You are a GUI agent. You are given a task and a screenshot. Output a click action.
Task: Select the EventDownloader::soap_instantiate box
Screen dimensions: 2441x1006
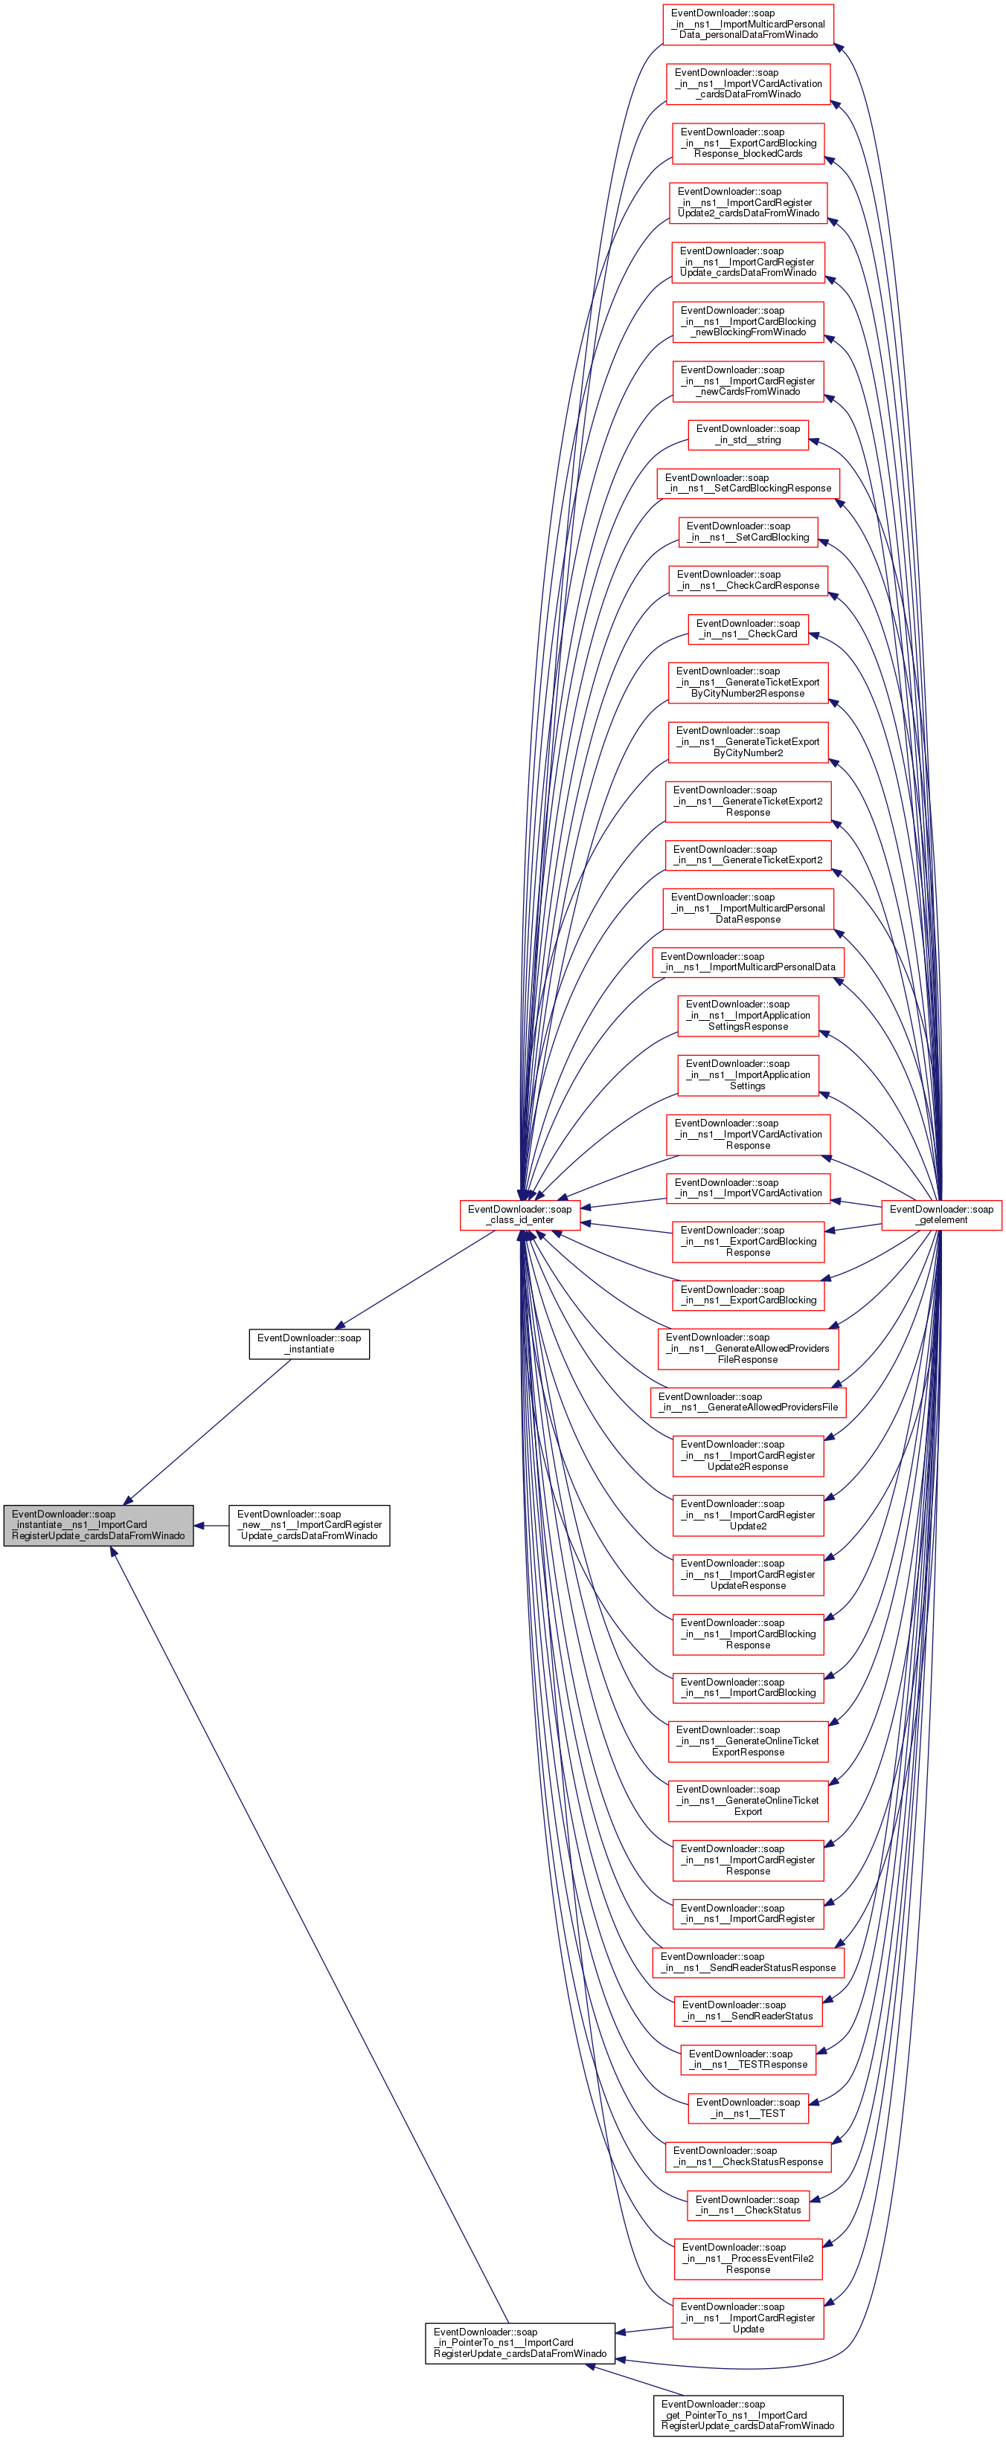(309, 1344)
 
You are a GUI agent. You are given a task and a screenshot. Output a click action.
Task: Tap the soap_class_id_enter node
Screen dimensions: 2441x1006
(519, 1215)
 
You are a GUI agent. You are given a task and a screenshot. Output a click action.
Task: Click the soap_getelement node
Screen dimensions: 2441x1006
(941, 1215)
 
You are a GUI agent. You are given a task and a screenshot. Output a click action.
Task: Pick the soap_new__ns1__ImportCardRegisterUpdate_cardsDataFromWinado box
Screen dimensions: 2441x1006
(309, 1525)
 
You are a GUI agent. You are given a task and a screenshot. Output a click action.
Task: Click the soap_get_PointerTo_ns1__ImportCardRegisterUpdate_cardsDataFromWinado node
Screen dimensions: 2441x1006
(747, 2414)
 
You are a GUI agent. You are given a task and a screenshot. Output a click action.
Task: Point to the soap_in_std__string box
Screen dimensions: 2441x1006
(747, 434)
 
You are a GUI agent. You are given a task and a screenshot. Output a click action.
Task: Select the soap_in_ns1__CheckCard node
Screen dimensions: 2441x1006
(747, 629)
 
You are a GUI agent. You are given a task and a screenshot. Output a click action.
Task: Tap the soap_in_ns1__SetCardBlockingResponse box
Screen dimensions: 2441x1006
(747, 483)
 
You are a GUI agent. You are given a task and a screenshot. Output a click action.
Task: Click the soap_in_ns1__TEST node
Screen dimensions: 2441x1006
(747, 2107)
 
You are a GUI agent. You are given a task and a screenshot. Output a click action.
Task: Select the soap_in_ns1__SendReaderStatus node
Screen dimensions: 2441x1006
(747, 2010)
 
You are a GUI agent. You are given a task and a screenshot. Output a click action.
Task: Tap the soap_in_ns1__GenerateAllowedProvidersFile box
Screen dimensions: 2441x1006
(747, 1402)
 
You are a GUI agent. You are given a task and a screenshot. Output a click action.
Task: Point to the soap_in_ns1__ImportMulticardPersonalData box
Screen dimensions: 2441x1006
(747, 962)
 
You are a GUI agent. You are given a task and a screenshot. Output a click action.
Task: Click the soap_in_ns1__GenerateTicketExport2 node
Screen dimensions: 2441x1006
(747, 855)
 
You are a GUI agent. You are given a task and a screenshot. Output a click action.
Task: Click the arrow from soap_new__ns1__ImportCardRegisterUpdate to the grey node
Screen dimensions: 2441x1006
(211, 1526)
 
